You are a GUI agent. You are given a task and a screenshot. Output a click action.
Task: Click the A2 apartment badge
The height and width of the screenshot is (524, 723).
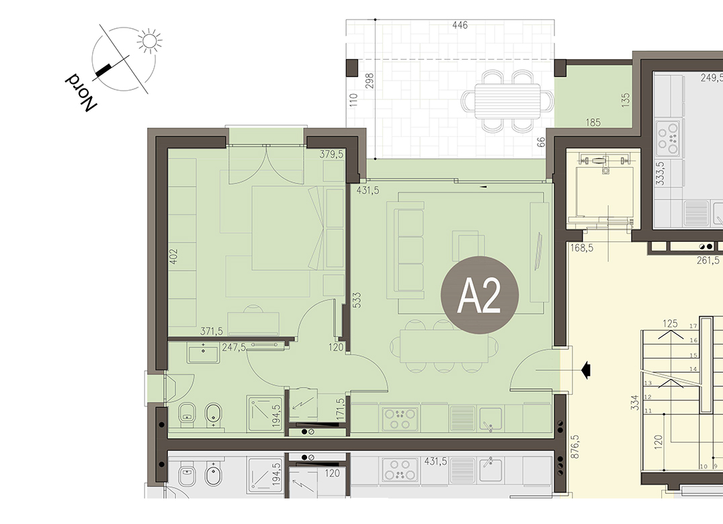click(480, 295)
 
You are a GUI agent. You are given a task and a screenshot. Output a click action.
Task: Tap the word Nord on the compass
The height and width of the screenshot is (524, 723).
click(81, 92)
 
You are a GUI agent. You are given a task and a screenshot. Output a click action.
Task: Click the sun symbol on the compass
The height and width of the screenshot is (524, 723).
click(149, 41)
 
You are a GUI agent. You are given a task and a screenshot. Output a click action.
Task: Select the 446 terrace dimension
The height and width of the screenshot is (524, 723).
click(460, 26)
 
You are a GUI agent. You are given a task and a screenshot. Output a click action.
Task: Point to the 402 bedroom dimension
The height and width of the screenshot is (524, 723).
click(174, 257)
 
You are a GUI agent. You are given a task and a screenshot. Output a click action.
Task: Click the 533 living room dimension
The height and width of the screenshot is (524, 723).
click(356, 300)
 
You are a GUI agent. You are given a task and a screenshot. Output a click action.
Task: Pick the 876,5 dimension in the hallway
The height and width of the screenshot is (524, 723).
click(575, 447)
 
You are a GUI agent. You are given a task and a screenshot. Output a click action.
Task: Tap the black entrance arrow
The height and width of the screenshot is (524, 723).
click(586, 369)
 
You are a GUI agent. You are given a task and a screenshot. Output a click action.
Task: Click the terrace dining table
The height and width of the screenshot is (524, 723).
click(507, 101)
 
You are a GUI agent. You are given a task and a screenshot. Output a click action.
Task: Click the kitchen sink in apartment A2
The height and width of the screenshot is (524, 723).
click(490, 419)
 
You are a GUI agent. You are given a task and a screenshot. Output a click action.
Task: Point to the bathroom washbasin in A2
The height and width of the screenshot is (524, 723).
click(203, 355)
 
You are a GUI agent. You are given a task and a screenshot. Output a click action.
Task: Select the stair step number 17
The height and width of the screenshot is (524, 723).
click(693, 326)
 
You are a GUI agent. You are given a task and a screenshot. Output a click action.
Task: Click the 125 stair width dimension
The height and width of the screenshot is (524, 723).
click(670, 324)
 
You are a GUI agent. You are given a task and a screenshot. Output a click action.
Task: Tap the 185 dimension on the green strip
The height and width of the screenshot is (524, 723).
click(593, 122)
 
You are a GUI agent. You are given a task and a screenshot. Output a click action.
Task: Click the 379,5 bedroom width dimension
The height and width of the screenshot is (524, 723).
click(331, 155)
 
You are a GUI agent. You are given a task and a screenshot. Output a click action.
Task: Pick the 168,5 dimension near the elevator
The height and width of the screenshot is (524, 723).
click(582, 248)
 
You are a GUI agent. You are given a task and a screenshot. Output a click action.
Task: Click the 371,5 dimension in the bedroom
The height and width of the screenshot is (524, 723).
click(212, 331)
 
